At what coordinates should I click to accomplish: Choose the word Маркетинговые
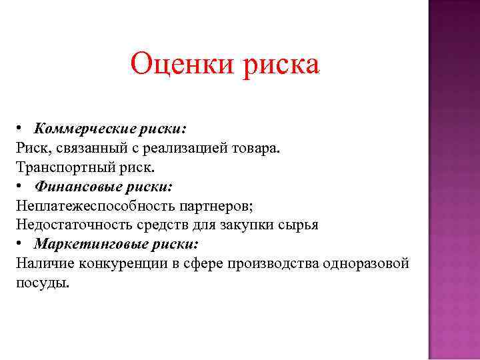tap(81, 243)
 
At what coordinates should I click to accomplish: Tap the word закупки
tap(243, 225)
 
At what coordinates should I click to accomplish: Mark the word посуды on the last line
tap(41, 282)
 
